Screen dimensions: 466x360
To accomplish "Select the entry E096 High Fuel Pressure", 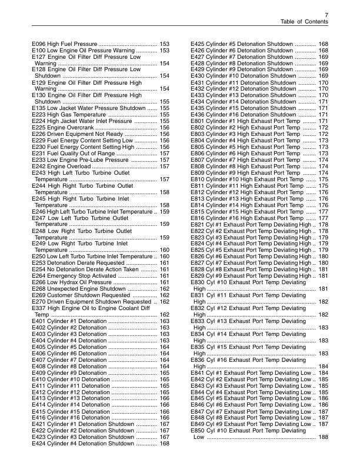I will coord(65,44).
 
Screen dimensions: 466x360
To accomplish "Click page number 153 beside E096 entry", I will coord(165,44).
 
